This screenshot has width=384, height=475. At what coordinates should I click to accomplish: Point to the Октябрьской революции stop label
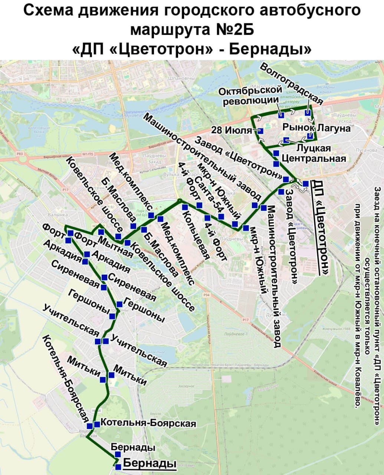pyautogui.click(x=250, y=96)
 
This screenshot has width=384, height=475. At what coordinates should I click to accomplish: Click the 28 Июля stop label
pyautogui.click(x=232, y=130)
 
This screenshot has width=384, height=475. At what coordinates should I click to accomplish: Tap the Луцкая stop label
pyautogui.click(x=314, y=148)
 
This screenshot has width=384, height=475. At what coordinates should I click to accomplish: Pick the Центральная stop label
pyautogui.click(x=314, y=159)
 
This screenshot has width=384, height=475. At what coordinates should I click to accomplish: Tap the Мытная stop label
pyautogui.click(x=115, y=247)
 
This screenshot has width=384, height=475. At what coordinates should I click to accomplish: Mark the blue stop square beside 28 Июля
pyautogui.click(x=260, y=131)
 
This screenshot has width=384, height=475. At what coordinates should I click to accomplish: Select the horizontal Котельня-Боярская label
pyautogui.click(x=148, y=423)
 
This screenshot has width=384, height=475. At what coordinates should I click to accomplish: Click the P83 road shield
pyautogui.click(x=20, y=153)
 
